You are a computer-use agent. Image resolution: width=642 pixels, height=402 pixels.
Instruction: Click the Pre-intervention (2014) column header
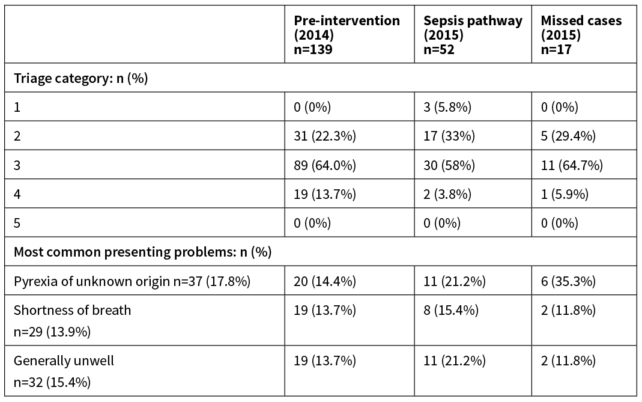[347, 35]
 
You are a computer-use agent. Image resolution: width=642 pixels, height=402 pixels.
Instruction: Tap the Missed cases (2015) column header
[581, 35]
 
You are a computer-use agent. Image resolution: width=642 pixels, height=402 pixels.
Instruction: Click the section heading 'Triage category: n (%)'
[81, 79]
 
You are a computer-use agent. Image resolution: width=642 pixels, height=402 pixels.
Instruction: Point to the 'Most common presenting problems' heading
[142, 252]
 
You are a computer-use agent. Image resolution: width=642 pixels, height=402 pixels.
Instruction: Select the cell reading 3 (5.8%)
[447, 108]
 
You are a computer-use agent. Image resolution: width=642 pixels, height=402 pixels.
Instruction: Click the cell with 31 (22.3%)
[325, 136]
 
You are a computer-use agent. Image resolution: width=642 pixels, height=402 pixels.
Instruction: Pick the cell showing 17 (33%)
[449, 136]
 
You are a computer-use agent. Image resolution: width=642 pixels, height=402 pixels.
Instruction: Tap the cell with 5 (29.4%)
[568, 136]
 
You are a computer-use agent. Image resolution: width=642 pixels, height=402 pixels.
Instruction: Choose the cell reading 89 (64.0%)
[325, 165]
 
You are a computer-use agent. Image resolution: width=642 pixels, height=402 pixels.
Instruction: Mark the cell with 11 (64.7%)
[572, 165]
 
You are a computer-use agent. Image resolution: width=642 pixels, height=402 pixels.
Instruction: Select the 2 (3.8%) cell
[447, 194]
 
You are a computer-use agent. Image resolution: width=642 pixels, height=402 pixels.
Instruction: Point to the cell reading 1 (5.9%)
[565, 194]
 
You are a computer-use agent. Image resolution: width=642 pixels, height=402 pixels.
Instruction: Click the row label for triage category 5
[17, 223]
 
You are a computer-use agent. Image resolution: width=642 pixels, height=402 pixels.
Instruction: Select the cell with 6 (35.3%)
[568, 281]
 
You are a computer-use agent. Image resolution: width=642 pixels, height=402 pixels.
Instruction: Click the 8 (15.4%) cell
[451, 311]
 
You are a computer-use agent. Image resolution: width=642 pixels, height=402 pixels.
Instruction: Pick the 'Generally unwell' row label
[64, 361]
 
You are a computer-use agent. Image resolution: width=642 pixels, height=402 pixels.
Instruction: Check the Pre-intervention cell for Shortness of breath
[325, 311]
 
